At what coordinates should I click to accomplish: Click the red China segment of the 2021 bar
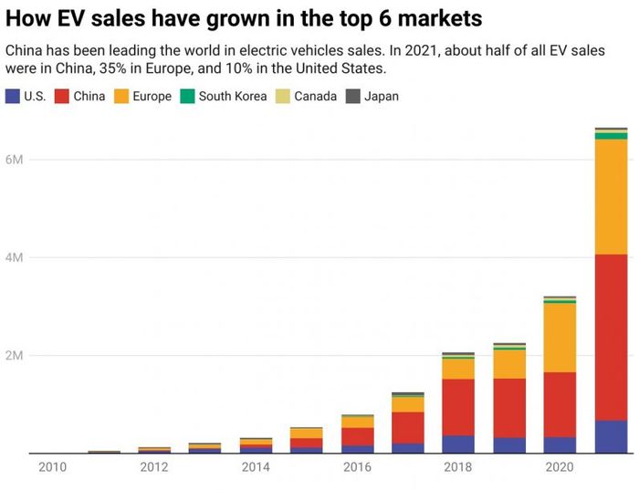[x=610, y=338]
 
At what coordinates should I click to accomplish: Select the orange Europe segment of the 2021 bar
[x=610, y=196]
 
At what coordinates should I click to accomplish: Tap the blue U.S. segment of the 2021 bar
[x=610, y=436]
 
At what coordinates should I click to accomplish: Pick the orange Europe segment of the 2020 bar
[x=560, y=338]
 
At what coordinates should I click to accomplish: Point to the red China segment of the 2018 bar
[x=457, y=407]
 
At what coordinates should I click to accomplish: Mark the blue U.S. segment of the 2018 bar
[x=457, y=443]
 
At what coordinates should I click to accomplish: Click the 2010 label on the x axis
[x=52, y=468]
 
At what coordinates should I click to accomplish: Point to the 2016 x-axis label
[x=356, y=468]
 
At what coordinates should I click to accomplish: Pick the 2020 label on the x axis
[x=560, y=468]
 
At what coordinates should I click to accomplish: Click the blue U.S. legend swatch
[x=12, y=96]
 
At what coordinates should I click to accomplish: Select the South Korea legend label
[x=232, y=96]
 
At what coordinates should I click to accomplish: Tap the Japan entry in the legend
[x=381, y=96]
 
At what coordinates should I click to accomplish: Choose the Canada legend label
[x=315, y=96]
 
